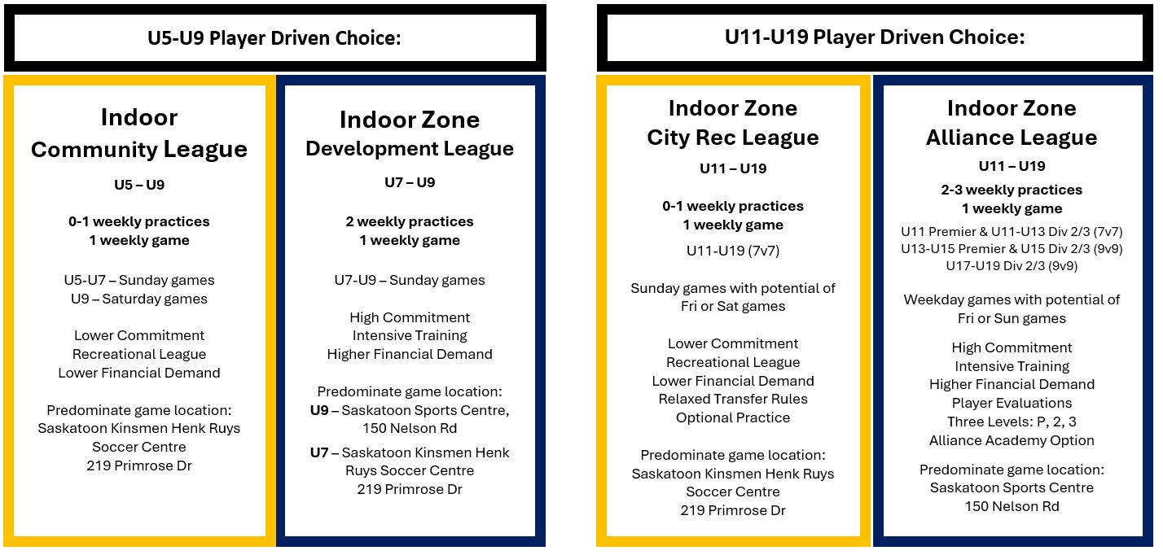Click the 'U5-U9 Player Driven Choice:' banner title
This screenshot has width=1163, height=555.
[274, 38]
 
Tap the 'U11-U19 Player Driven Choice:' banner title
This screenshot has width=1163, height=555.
[875, 37]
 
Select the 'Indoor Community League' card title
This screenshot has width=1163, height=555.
[139, 133]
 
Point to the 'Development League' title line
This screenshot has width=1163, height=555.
[410, 149]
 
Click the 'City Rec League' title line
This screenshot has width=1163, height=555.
[733, 138]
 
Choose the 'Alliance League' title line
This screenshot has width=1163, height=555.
[1012, 138]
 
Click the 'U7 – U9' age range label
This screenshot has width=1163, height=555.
[410, 182]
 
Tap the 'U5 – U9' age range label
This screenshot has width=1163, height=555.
[139, 185]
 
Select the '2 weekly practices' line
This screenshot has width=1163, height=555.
[410, 221]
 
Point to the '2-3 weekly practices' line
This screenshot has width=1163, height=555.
[1012, 190]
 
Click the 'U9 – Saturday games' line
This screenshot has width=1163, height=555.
[139, 299]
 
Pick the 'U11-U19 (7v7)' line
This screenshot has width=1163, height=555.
[733, 251]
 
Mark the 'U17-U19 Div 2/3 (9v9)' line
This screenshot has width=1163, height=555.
[1012, 266]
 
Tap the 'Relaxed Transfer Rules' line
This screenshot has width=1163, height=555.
[733, 399]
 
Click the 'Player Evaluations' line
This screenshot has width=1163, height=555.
[1012, 403]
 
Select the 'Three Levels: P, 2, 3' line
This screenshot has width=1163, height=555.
[1012, 422]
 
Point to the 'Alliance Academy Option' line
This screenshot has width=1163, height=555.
[1012, 440]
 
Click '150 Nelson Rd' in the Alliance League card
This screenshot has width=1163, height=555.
[1012, 506]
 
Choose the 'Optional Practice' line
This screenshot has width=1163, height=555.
[733, 417]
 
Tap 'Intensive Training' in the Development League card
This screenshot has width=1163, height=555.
[410, 335]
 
